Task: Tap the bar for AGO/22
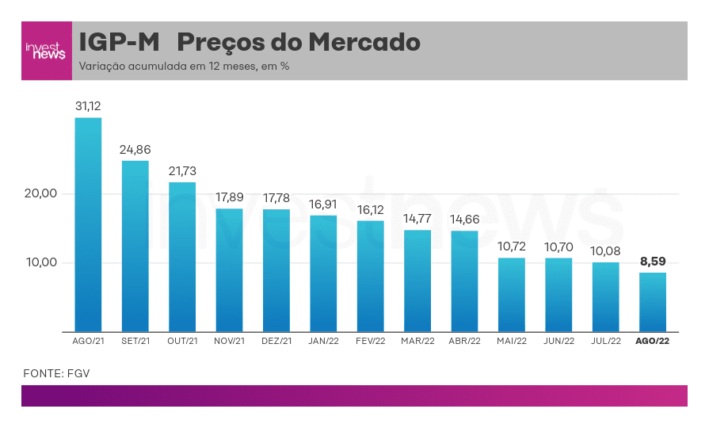click(653, 302)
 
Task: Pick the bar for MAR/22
click(417, 281)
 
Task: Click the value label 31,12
click(88, 105)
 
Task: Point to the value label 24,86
click(135, 149)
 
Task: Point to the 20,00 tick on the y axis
click(40, 193)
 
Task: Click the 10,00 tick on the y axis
click(40, 263)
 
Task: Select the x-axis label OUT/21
click(182, 342)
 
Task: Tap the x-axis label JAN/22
click(323, 342)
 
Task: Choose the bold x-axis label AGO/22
click(653, 342)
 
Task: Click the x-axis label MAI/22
click(512, 342)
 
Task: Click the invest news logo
click(46, 51)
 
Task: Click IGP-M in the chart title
click(116, 42)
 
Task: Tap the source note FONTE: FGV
click(51, 373)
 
